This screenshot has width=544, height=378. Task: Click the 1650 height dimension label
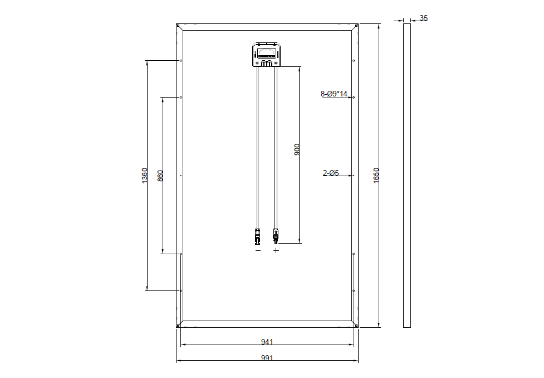(x=376, y=176)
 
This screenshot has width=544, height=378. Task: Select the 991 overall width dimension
(x=267, y=358)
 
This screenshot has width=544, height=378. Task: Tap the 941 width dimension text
(x=267, y=341)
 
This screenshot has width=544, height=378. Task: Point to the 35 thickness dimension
(x=424, y=18)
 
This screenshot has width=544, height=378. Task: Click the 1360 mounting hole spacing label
(x=145, y=176)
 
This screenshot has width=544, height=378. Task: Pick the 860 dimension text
(x=161, y=176)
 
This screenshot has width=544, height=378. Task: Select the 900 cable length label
(x=297, y=149)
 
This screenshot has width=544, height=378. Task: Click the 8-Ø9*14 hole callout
(x=334, y=94)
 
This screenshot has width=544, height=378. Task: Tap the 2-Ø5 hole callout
(x=331, y=173)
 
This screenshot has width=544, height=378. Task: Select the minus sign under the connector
(x=258, y=251)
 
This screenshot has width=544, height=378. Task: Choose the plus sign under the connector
(x=276, y=251)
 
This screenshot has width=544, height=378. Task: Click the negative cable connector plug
(x=258, y=236)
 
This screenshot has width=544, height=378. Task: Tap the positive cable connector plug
(x=276, y=236)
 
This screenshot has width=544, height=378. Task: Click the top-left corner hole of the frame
(x=178, y=26)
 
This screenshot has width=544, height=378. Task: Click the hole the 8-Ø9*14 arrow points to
(x=354, y=97)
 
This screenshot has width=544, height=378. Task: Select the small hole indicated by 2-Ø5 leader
(x=354, y=176)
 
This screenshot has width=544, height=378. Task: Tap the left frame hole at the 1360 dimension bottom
(x=181, y=290)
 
